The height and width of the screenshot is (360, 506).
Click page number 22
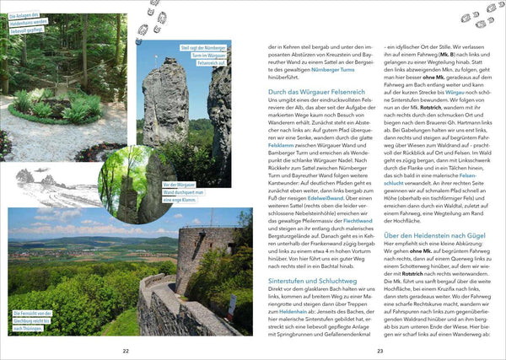tap(126, 350)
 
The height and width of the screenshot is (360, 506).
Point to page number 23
tap(379, 350)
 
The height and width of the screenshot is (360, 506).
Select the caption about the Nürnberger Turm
tap(202, 55)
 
